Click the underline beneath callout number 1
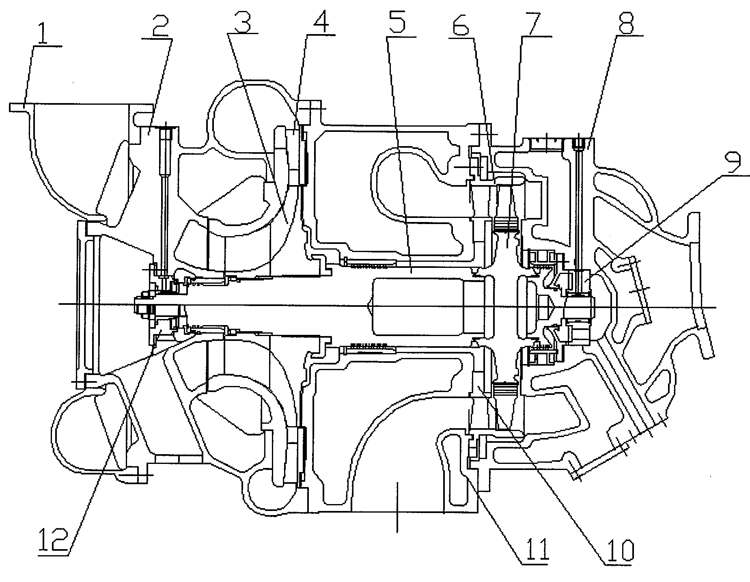click(48, 47)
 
